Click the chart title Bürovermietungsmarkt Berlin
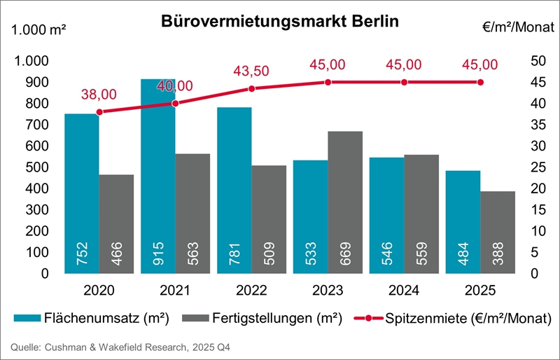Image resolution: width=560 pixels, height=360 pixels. [x=280, y=20]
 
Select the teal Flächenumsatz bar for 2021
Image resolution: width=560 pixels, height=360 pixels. [x=158, y=175]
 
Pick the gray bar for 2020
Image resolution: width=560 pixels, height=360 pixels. [x=116, y=223]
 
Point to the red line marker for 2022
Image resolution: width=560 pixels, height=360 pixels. [x=252, y=88]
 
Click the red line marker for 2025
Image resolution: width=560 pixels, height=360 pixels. [x=480, y=82]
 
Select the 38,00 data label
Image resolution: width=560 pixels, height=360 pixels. [x=99, y=94]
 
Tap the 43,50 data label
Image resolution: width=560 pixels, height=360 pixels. [x=251, y=71]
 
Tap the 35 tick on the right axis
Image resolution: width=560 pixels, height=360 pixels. [x=519, y=125]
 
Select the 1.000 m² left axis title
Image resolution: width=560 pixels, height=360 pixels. [x=39, y=31]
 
